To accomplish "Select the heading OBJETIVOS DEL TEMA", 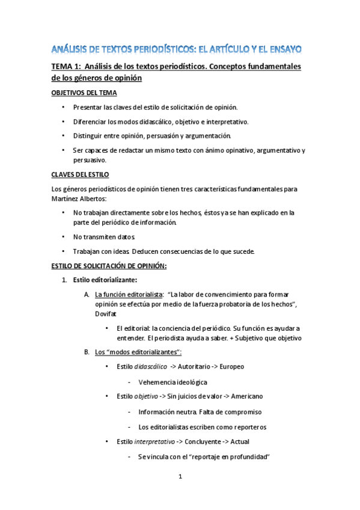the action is point(83,93).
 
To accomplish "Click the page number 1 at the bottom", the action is point(180,477).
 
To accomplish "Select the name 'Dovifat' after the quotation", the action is point(106,314).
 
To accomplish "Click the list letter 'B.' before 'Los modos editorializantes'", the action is point(87,351).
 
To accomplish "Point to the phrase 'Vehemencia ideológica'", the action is point(172,382).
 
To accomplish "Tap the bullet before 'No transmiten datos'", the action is point(64,237).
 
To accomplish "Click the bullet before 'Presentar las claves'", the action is point(64,107).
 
